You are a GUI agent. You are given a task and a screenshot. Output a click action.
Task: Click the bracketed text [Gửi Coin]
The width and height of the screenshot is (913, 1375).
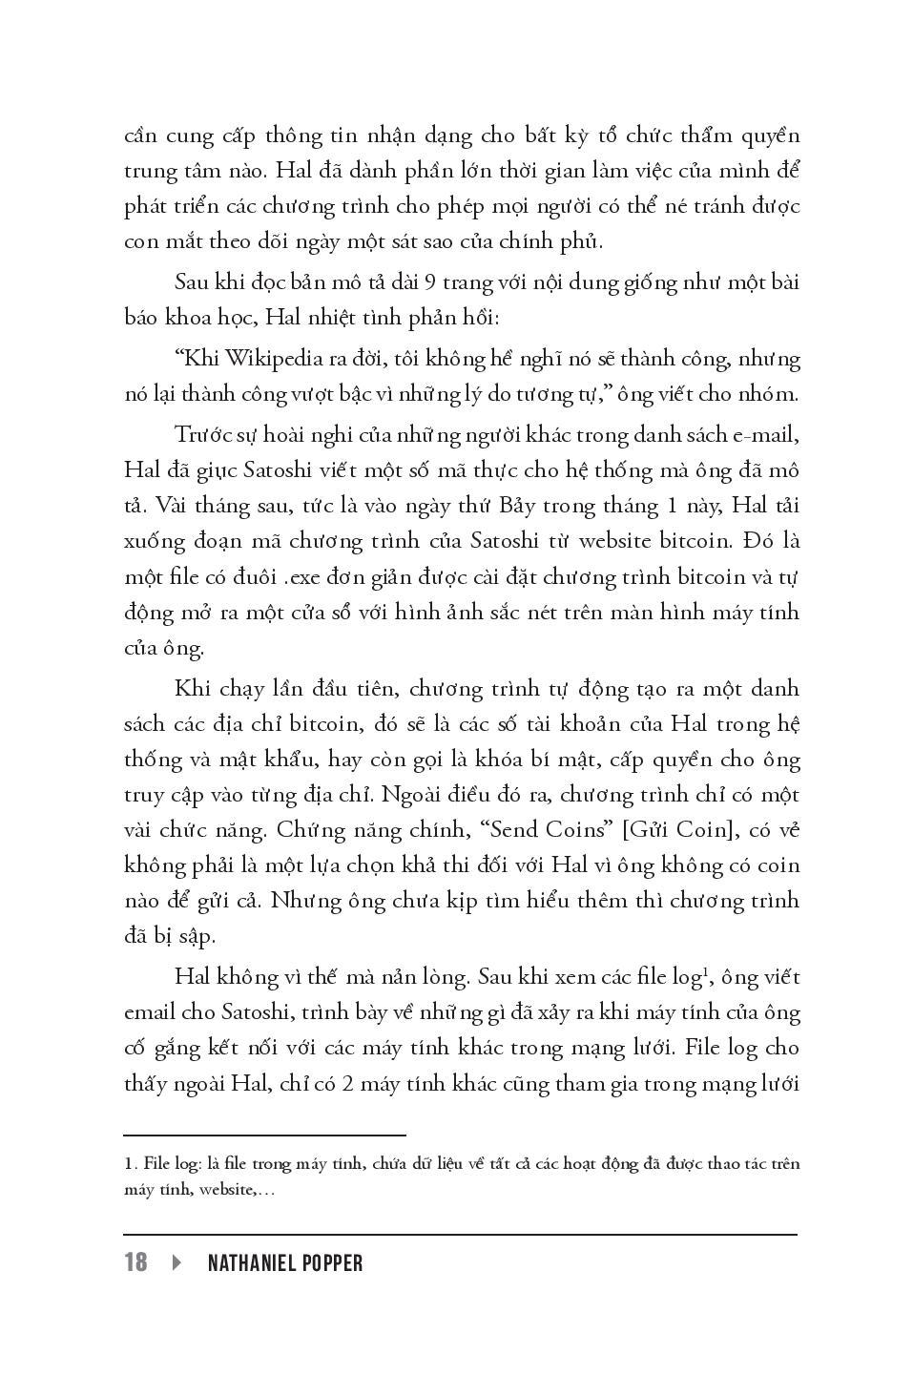pyautogui.click(x=681, y=830)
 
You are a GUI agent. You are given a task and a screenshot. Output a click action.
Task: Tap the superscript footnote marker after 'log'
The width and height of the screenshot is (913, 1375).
pyautogui.click(x=704, y=971)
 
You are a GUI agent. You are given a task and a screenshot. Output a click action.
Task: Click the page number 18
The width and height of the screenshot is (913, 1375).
pyautogui.click(x=136, y=1262)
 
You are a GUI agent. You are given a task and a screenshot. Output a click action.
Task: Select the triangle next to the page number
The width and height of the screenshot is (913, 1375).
pyautogui.click(x=176, y=1262)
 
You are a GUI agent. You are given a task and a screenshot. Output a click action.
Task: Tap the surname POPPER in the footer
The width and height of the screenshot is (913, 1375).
pyautogui.click(x=334, y=1263)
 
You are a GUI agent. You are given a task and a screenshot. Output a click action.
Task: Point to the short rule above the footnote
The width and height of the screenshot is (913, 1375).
pyautogui.click(x=264, y=1135)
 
